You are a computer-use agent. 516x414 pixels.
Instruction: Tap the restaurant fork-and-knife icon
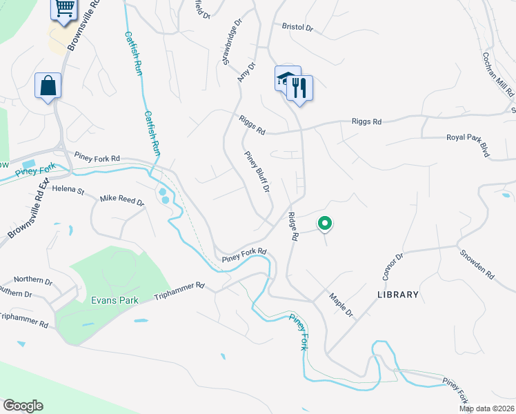pyautogui.click(x=299, y=88)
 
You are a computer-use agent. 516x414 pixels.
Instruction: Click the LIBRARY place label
pyautogui.click(x=398, y=295)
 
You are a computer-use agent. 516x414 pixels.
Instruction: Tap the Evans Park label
pyautogui.click(x=115, y=300)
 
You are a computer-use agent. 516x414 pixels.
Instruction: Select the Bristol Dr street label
pyautogui.click(x=297, y=28)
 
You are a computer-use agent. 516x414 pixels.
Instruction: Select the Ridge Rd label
pyautogui.click(x=293, y=226)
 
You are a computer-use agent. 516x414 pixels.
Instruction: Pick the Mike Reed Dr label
pyautogui.click(x=122, y=202)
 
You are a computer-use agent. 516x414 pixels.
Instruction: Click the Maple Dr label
pyautogui.click(x=341, y=304)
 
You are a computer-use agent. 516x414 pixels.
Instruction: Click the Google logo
pyautogui.click(x=23, y=406)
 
